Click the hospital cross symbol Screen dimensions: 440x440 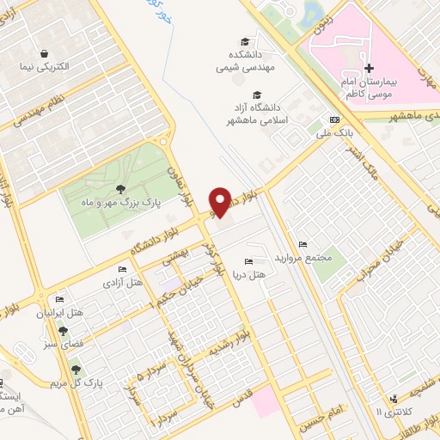coord(369,68)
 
